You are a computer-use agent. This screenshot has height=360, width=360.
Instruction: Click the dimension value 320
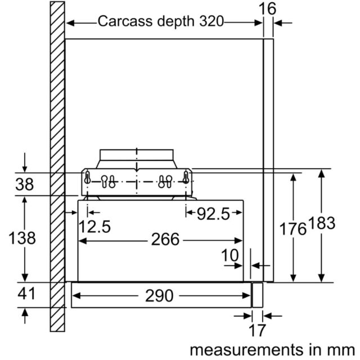211,21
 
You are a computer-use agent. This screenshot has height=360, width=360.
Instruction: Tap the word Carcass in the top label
125,21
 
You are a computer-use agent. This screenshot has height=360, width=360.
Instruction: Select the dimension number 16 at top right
267,9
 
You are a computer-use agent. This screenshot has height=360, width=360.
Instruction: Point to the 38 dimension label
25,184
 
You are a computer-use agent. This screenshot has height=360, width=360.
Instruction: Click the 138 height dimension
22,238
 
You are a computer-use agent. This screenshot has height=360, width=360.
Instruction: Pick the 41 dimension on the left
26,294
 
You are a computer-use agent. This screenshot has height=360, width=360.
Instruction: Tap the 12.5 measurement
94,227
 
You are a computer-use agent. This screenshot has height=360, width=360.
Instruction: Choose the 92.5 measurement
213,214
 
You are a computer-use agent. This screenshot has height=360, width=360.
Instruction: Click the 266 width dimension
165,240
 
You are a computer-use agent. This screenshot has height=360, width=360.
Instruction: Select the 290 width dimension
159,296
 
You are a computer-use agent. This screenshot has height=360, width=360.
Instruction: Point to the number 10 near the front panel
230,255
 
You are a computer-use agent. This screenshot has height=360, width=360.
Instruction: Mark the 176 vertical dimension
293,229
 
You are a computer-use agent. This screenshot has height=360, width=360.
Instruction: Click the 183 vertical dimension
322,223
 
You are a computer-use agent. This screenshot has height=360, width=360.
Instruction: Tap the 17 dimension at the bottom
257,330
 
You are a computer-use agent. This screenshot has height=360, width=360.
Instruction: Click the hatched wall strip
57,166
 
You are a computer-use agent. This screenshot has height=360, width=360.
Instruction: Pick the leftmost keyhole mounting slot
88,178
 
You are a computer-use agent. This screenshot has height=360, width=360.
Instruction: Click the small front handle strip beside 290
258,295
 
